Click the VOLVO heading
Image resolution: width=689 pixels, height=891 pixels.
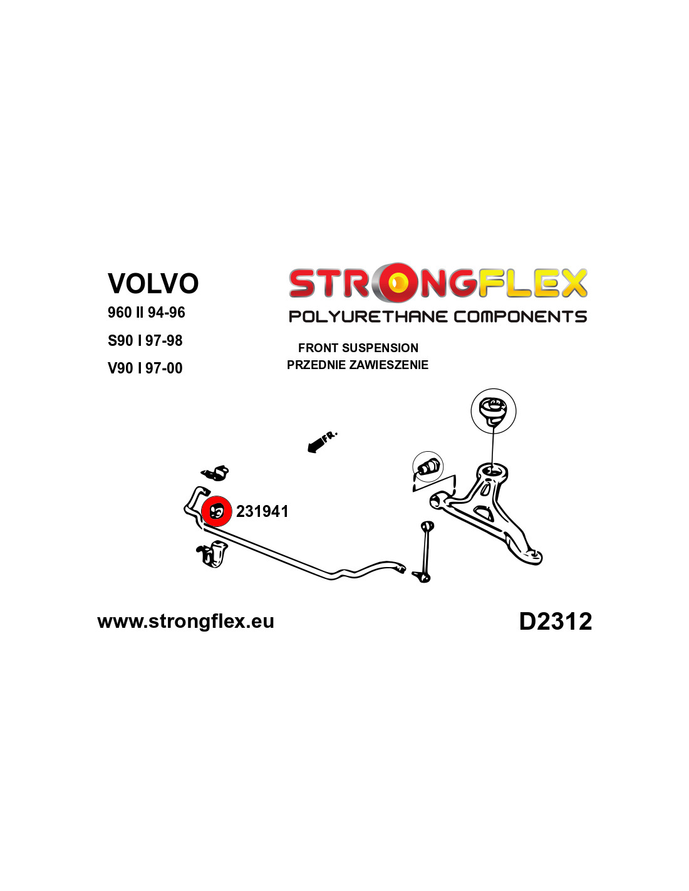[x=153, y=283]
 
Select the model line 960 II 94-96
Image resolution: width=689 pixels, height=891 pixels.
[x=147, y=313]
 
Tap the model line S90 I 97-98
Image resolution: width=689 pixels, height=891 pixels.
[x=145, y=340]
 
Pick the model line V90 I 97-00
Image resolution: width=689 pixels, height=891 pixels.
[x=145, y=368]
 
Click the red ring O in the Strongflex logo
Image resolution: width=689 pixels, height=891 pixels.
[x=397, y=283]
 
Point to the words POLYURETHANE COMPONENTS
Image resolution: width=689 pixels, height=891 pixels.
[x=438, y=316]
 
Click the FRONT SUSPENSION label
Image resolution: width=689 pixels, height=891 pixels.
[x=358, y=348]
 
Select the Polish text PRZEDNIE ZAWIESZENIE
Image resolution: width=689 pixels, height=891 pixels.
[x=358, y=365]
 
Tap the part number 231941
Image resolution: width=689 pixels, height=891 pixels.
[x=262, y=511]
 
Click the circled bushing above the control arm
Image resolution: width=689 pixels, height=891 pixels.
[x=493, y=411]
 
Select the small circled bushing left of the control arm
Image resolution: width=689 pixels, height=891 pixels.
[x=428, y=466]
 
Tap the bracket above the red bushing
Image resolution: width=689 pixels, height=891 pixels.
[x=215, y=473]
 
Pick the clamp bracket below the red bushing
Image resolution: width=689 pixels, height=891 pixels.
[x=212, y=555]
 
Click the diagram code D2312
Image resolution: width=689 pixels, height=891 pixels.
[x=556, y=621]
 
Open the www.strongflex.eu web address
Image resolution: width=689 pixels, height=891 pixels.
[x=185, y=621]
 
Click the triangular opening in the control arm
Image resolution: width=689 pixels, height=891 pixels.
[x=484, y=513]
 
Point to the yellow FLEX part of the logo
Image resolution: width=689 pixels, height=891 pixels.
[x=533, y=283]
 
